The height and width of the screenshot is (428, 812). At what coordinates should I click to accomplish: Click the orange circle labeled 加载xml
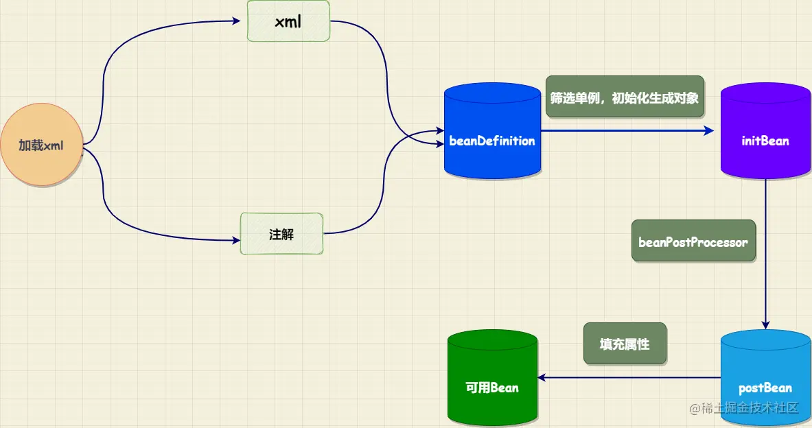[40, 146]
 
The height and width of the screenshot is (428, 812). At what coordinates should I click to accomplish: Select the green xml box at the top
[288, 21]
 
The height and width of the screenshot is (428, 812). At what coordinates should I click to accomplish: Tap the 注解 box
[281, 234]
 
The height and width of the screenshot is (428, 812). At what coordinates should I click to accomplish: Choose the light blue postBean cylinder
[765, 381]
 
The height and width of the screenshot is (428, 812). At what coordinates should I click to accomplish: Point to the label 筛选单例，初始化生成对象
[625, 97]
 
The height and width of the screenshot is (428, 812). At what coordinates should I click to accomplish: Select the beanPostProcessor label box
[693, 241]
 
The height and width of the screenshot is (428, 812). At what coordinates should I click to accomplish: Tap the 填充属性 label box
[625, 344]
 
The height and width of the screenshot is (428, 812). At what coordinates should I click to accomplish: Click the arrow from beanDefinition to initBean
[625, 130]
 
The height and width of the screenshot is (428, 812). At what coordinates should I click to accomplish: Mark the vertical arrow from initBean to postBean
[766, 254]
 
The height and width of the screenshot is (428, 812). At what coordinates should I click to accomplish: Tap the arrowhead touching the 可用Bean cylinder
[543, 377]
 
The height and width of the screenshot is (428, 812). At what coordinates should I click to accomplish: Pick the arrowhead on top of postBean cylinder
[766, 325]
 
